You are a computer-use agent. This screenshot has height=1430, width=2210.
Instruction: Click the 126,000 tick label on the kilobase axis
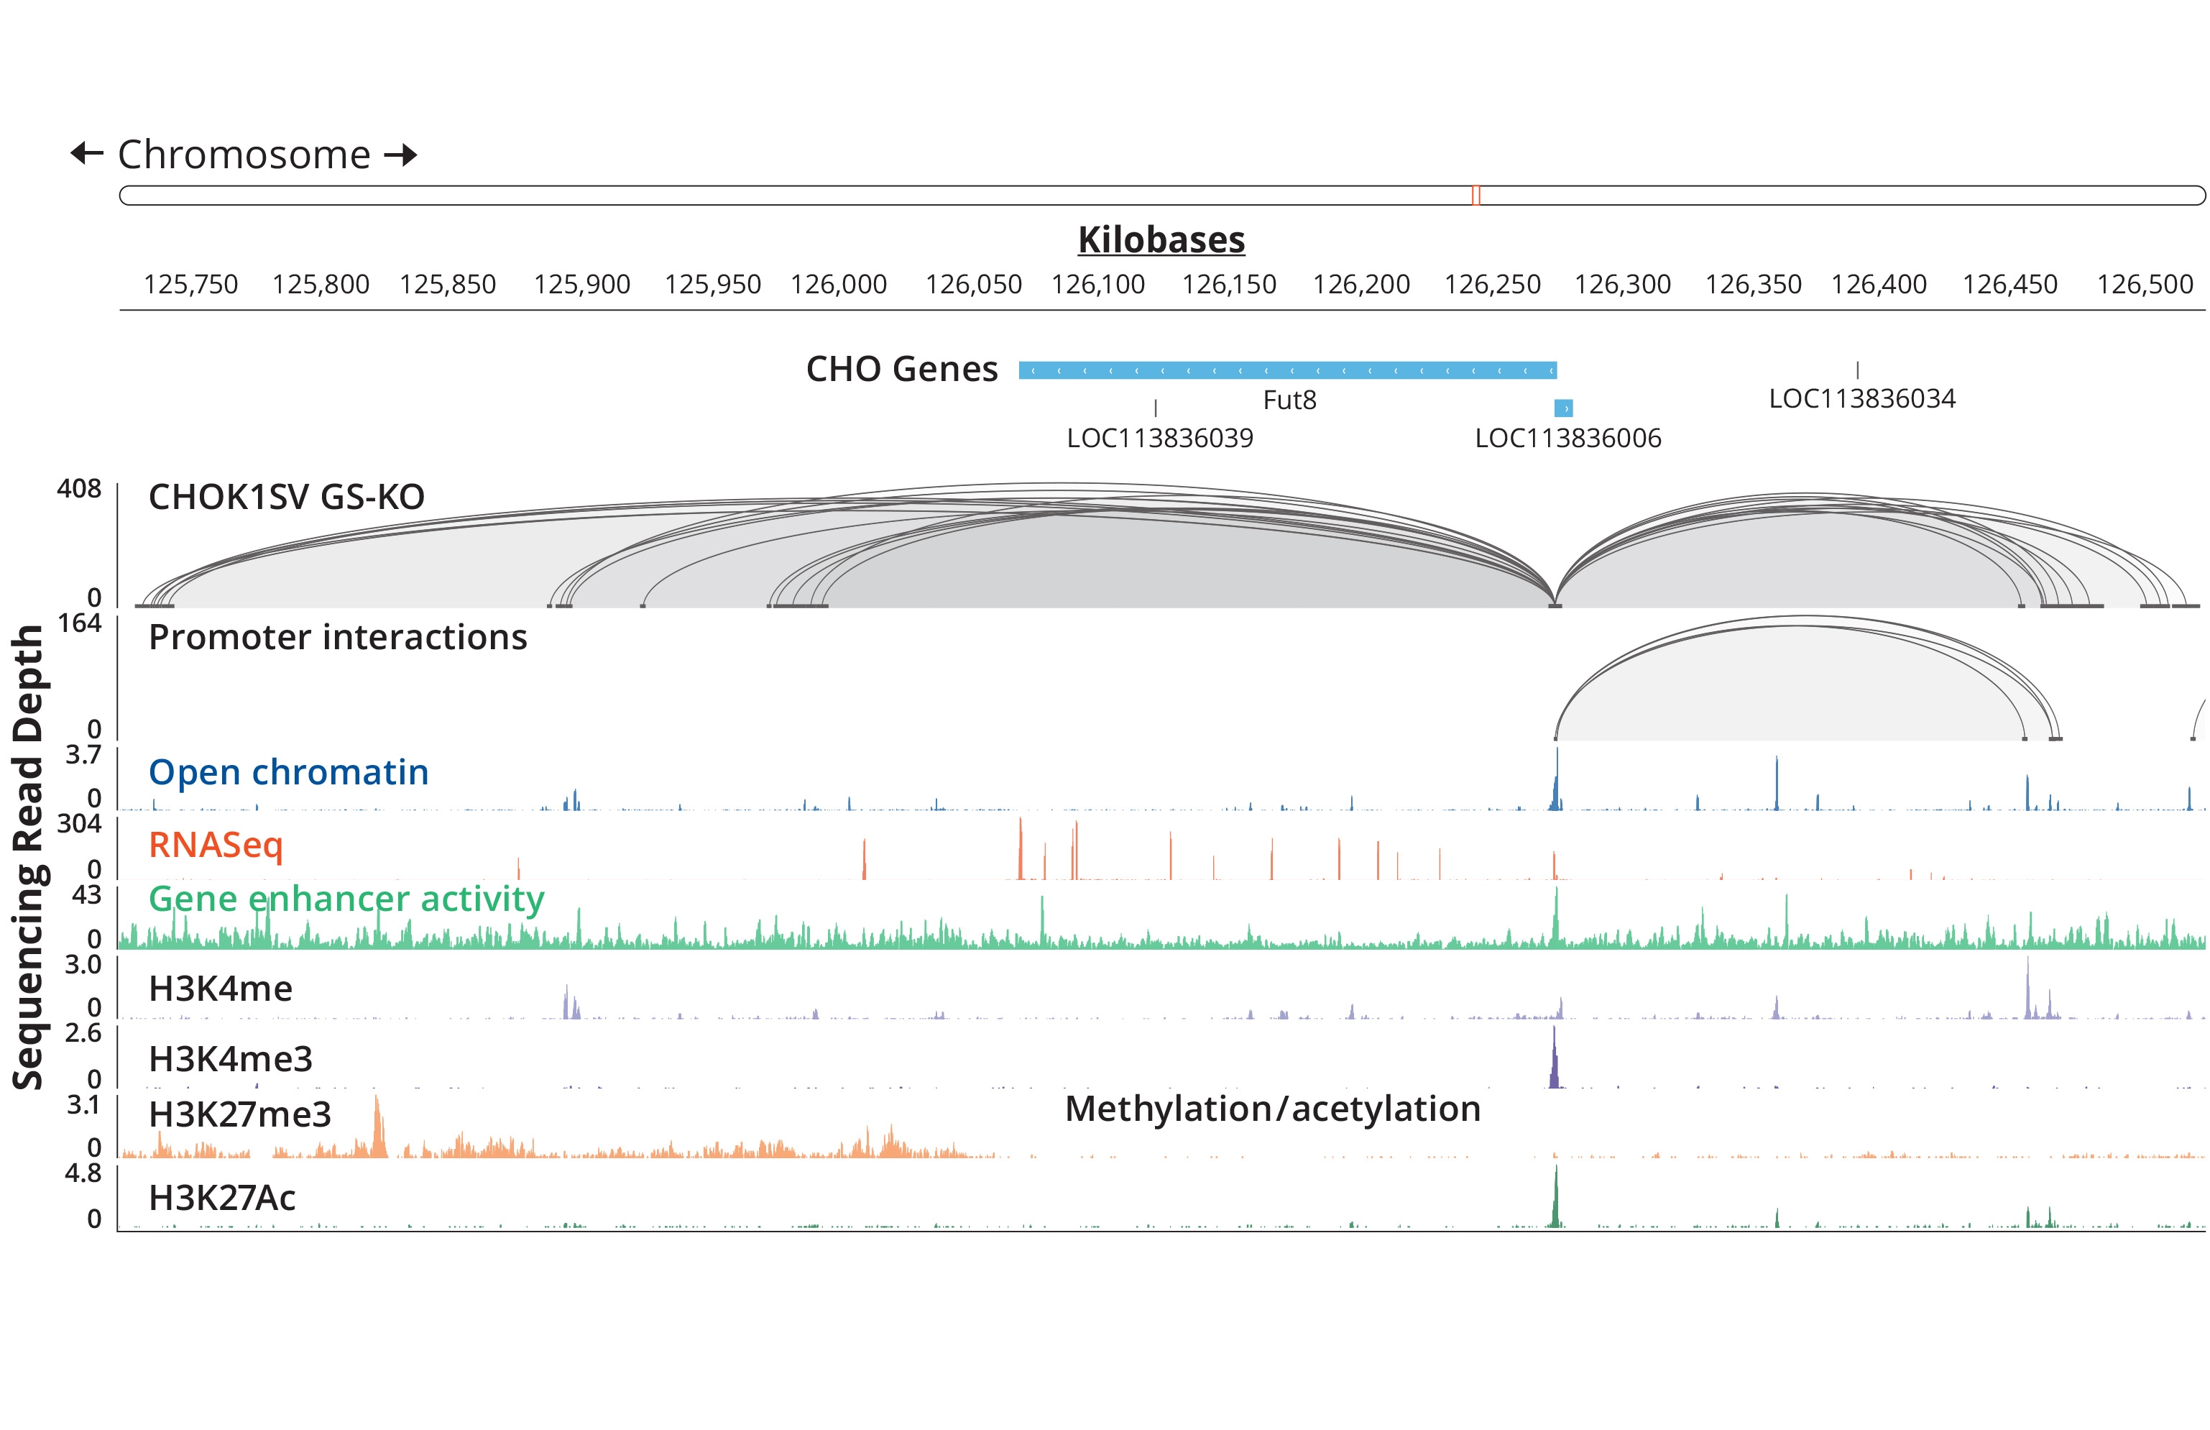coord(838,284)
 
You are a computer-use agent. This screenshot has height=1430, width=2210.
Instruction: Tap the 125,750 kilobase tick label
coord(190,284)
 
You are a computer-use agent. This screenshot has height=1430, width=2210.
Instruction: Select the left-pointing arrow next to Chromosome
coord(87,153)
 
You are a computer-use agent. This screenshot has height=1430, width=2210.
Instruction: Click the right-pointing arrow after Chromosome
coord(401,154)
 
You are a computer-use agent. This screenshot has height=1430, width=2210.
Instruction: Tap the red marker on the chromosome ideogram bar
coord(1475,195)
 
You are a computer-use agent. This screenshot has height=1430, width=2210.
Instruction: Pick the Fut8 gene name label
coord(1289,400)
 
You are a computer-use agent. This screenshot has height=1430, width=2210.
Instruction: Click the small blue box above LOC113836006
coord(1563,408)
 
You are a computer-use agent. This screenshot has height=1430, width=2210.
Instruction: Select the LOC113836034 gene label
coord(1862,398)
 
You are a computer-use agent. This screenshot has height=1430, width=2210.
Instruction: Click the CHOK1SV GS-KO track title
coord(286,498)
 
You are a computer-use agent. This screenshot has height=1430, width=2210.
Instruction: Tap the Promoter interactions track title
coord(338,638)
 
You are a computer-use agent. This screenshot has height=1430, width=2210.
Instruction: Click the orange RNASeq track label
coord(216,845)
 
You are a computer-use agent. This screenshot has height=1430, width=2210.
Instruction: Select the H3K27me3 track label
coord(239,1114)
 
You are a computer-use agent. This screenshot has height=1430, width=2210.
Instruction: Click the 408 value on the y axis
coord(79,488)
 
